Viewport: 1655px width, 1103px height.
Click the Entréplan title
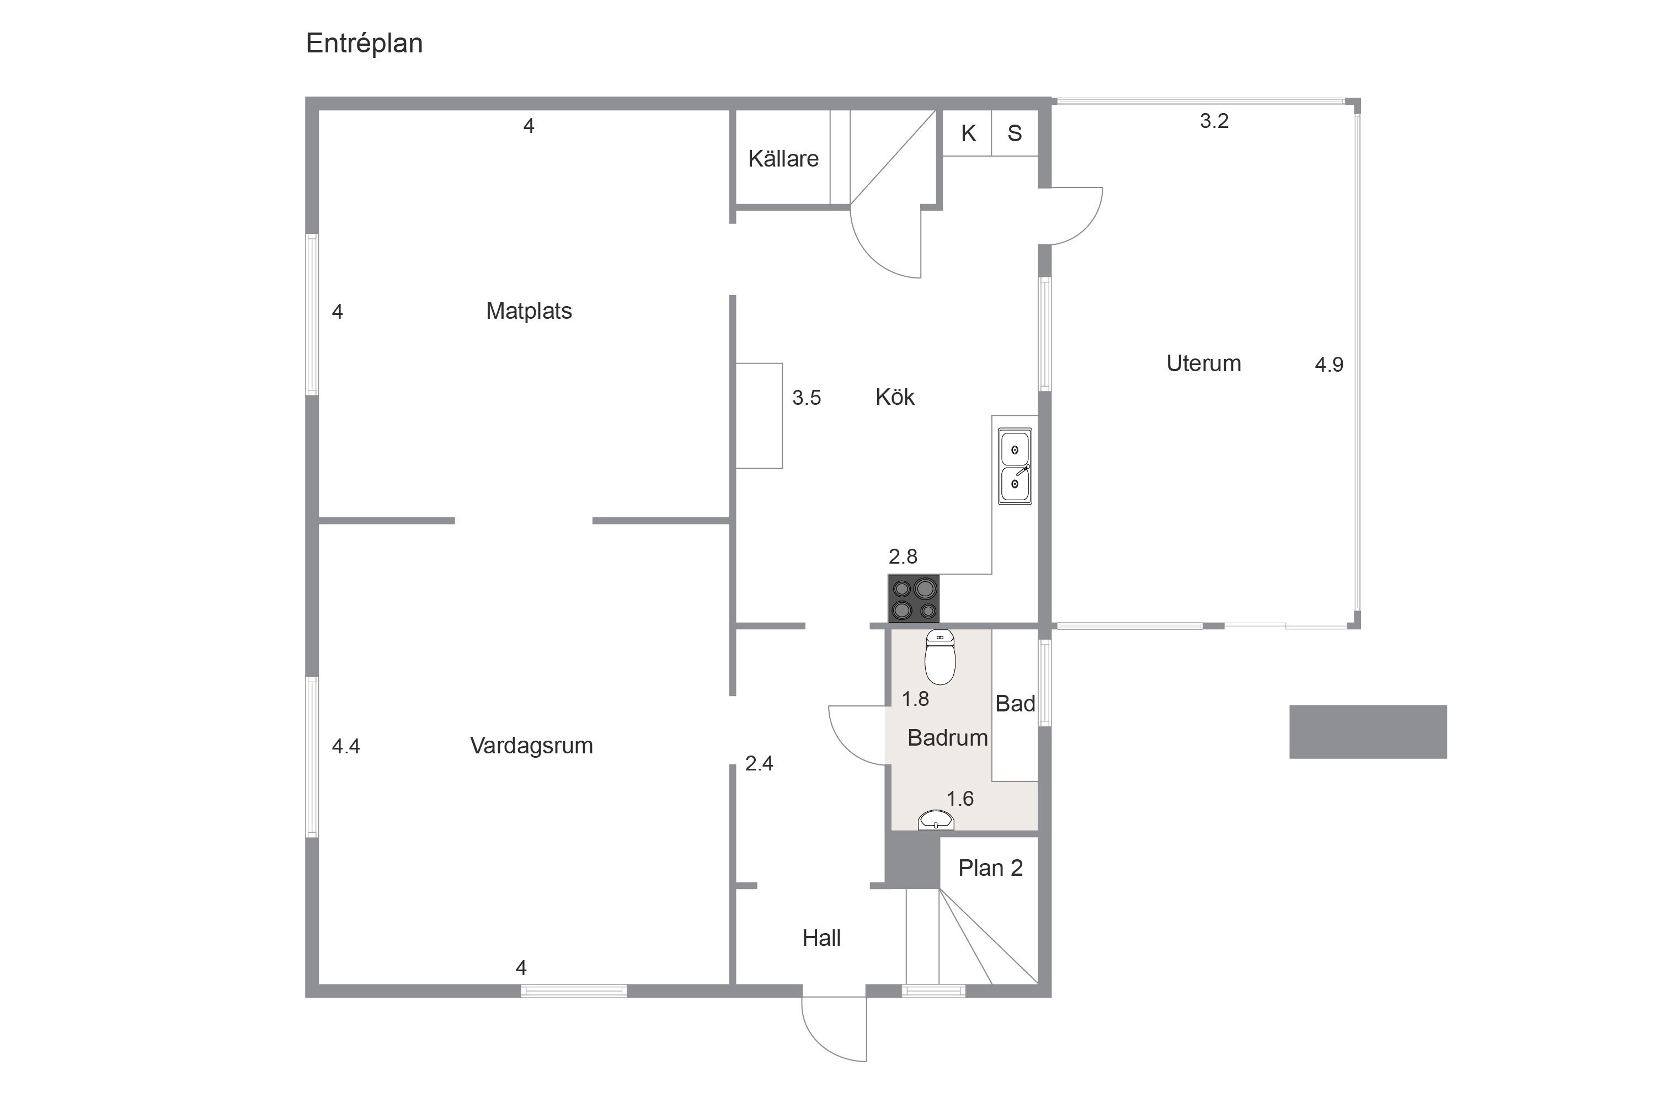click(364, 44)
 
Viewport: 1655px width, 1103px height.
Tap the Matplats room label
click(528, 311)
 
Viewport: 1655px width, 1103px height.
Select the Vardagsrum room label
click(531, 746)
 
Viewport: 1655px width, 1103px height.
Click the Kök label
click(894, 397)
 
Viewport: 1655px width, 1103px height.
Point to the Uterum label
click(1203, 363)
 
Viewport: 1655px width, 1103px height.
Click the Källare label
click(783, 158)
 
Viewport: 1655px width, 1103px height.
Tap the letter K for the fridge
click(968, 133)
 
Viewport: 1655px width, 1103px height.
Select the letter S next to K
click(1015, 133)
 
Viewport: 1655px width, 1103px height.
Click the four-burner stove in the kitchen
click(914, 598)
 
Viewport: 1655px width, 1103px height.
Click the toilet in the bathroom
click(939, 657)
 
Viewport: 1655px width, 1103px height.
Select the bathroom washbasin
click(936, 820)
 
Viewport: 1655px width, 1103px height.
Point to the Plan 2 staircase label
click(990, 868)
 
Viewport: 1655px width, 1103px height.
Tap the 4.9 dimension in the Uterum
click(1328, 365)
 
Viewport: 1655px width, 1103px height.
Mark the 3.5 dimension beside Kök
click(807, 398)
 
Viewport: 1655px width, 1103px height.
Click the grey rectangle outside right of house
click(1368, 732)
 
